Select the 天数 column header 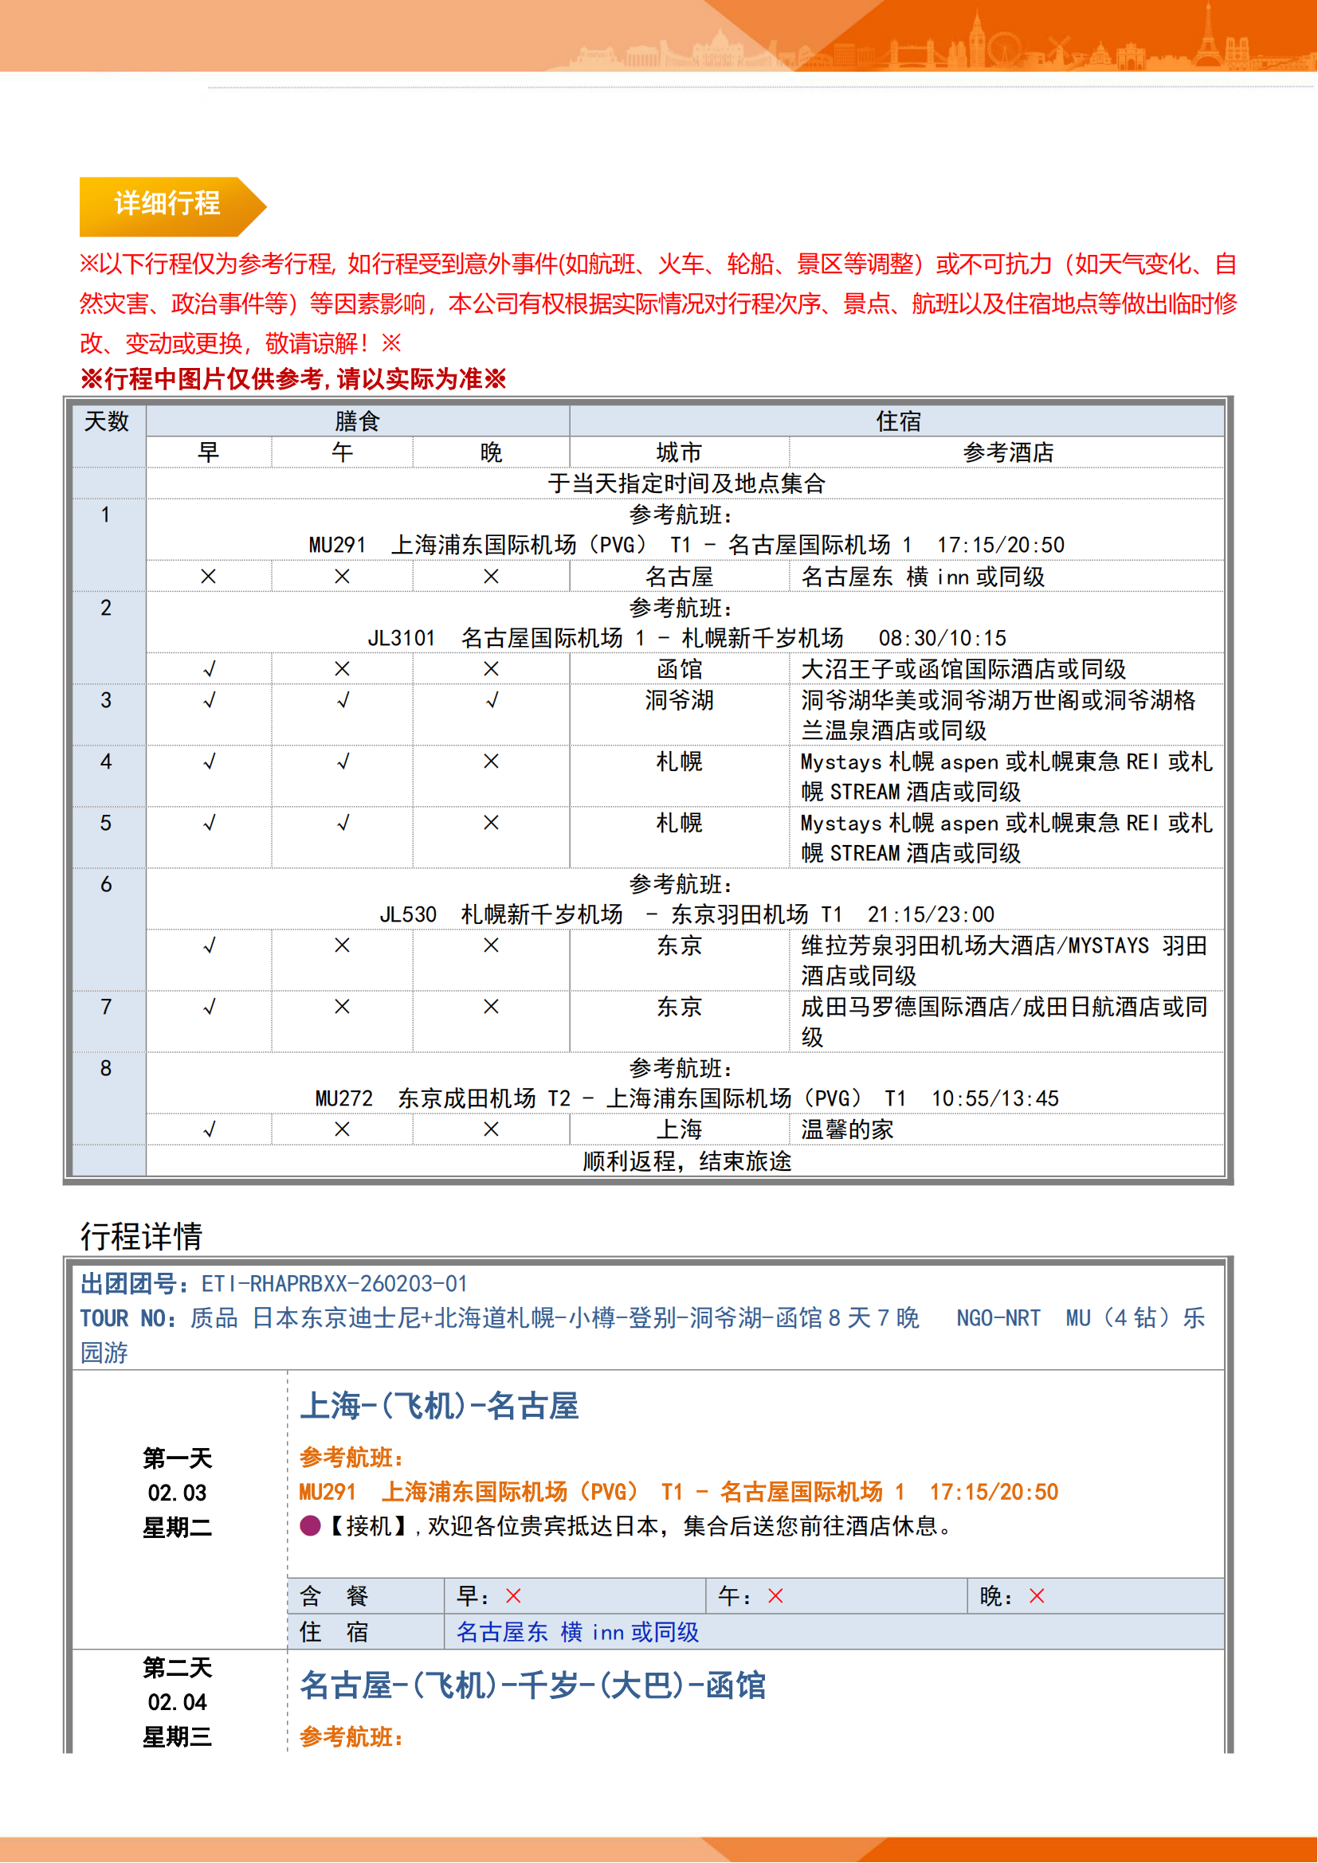(106, 422)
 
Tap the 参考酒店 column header (1008, 452)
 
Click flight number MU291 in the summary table (337, 546)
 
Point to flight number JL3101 (401, 639)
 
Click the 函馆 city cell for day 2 (679, 669)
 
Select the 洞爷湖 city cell (679, 700)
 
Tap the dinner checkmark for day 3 (491, 701)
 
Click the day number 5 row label (106, 823)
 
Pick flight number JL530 (407, 915)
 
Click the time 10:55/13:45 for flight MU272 (995, 1098)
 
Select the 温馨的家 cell (846, 1129)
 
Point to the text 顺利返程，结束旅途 (687, 1161)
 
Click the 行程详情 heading (141, 1237)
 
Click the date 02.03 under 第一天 (177, 1493)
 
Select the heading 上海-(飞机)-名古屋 (439, 1406)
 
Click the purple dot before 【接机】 (310, 1526)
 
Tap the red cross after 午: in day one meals (775, 1597)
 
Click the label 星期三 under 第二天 (177, 1737)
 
